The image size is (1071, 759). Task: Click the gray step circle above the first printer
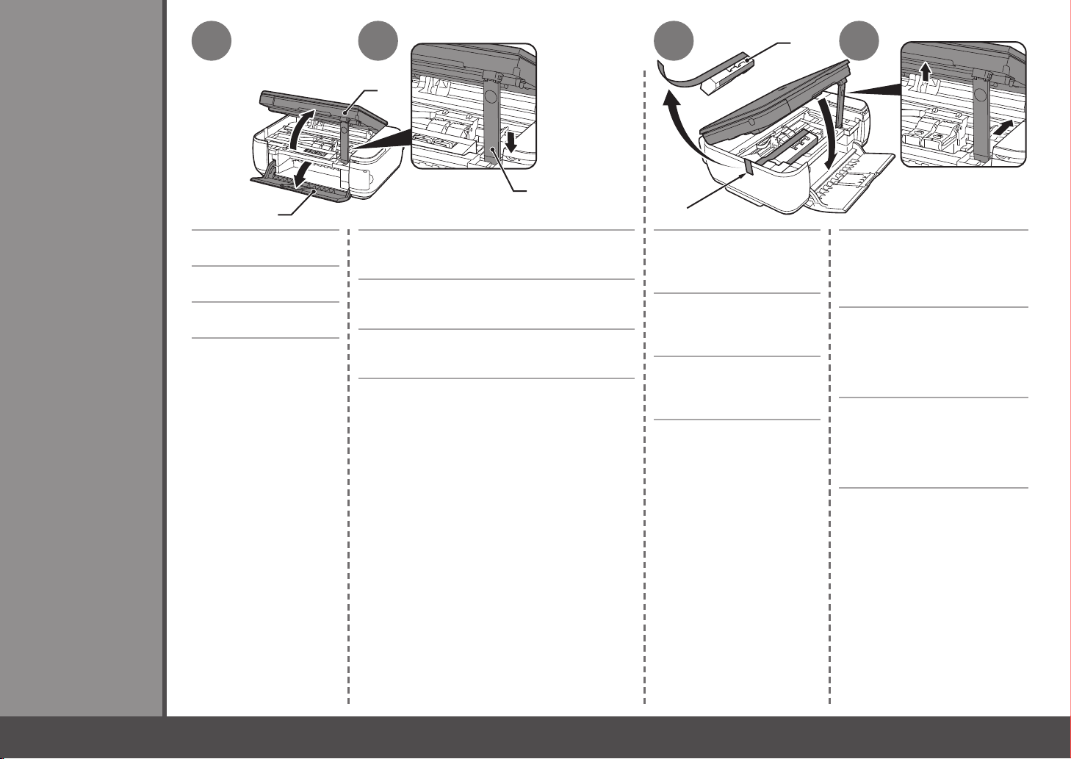point(212,41)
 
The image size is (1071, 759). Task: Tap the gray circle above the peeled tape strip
point(674,41)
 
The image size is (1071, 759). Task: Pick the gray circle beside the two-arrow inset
point(860,41)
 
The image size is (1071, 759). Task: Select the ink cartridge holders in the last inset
point(934,135)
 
